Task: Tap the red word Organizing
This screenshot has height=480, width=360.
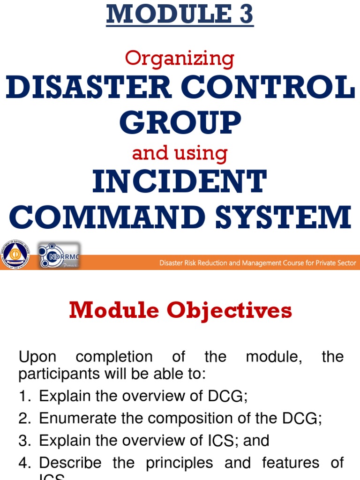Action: (180, 59)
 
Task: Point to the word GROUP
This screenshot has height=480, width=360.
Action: (180, 123)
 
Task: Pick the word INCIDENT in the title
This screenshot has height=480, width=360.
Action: (180, 183)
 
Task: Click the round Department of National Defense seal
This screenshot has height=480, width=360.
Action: (15, 255)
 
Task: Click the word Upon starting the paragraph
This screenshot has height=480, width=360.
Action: (37, 357)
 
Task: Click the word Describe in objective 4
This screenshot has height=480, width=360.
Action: (70, 463)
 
